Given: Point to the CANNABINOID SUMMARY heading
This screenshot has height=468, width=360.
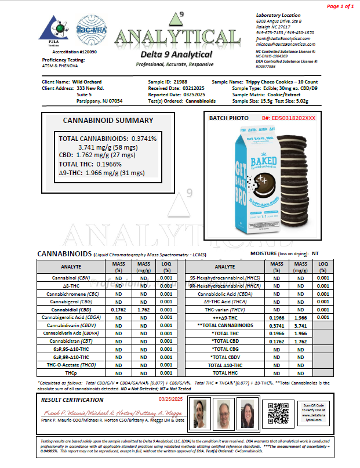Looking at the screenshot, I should pos(108,121).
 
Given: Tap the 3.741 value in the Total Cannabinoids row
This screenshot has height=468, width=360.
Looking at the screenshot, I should pos(300,326).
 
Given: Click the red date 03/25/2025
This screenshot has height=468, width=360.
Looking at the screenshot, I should pos(169,399).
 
